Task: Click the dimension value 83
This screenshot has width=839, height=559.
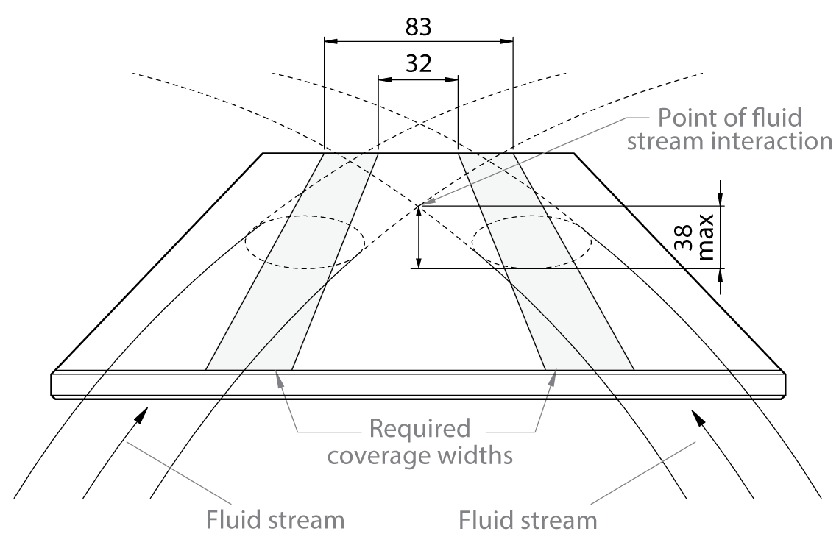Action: [x=418, y=27]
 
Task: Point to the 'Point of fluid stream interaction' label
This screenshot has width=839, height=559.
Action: [x=744, y=128]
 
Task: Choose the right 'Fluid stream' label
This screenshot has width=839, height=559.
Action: [x=528, y=520]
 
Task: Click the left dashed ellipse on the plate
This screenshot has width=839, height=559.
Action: [x=304, y=242]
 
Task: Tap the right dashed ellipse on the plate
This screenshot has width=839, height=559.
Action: [x=531, y=242]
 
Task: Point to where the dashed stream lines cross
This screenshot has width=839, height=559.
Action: [x=418, y=205]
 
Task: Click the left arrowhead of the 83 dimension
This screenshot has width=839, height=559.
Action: [x=329, y=42]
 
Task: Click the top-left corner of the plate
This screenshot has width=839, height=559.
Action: [x=264, y=153]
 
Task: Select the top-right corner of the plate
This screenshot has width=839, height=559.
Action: [x=573, y=153]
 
